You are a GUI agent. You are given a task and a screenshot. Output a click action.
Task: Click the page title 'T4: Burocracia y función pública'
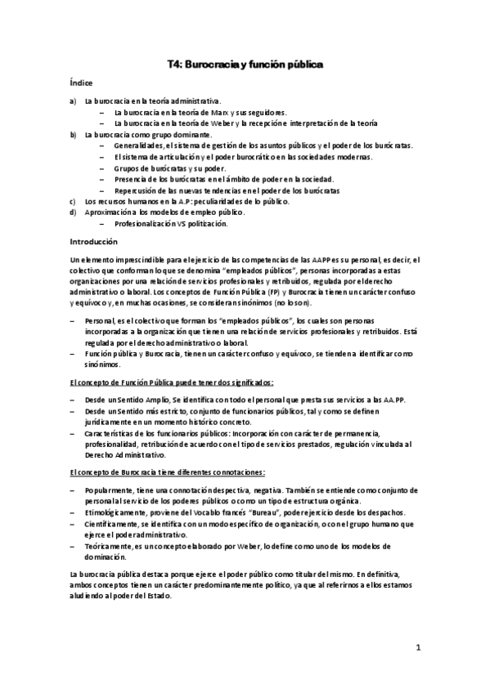(245, 62)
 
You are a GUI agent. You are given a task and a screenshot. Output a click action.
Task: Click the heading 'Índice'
(80, 83)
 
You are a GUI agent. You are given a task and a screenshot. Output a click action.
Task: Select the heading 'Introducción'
(94, 242)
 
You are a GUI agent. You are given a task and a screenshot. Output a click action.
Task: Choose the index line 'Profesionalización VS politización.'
(171, 223)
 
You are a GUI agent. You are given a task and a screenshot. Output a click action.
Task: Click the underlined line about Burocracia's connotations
(173, 472)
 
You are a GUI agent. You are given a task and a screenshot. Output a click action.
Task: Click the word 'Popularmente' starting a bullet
(110, 489)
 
